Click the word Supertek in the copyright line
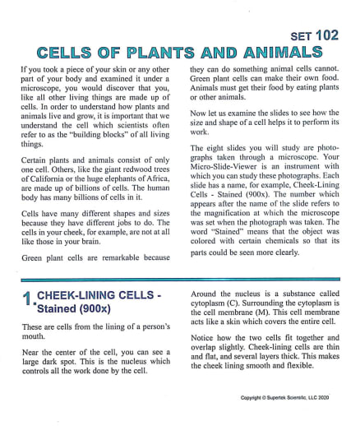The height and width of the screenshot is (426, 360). (282, 397)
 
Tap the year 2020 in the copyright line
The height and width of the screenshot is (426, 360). (332, 397)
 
